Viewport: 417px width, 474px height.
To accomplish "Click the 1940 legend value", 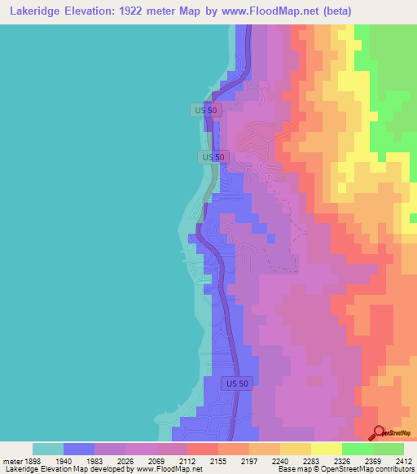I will click(64, 460).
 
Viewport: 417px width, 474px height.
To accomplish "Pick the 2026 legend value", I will click(125, 460).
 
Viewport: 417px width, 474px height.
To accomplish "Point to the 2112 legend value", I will click(187, 460).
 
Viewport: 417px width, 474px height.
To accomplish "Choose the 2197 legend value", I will click(249, 460).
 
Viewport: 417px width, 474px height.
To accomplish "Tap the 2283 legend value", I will click(311, 460).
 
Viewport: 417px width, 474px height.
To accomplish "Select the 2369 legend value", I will click(372, 460).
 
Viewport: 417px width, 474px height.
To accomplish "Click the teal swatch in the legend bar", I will click(48, 449).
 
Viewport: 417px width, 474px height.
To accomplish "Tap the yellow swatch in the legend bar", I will click(296, 449).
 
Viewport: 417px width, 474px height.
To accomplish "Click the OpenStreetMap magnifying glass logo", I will click(376, 432).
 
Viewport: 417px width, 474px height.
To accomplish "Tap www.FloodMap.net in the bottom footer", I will click(170, 469).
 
